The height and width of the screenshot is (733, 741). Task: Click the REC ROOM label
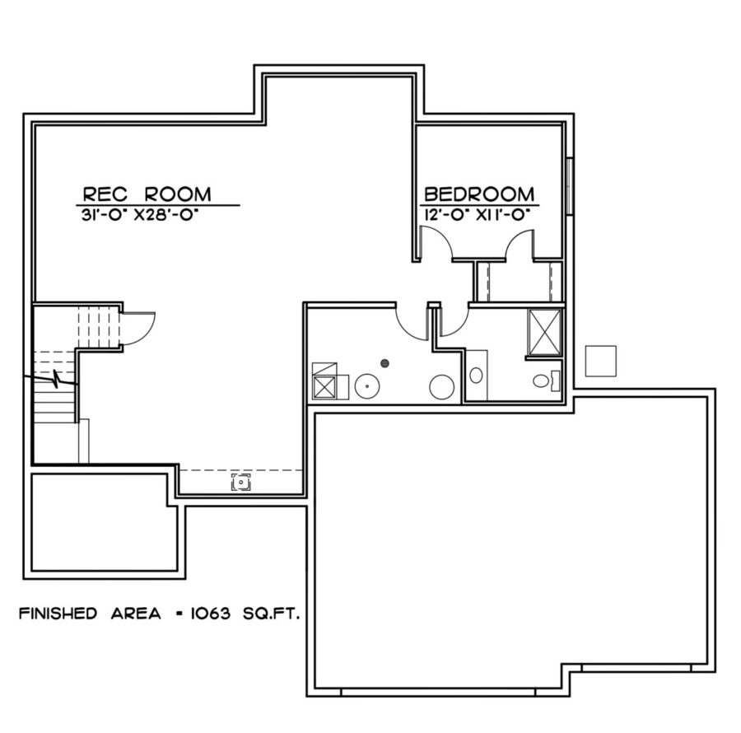146,194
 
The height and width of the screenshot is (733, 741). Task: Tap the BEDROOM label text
478,194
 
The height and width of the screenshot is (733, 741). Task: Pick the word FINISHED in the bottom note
55,614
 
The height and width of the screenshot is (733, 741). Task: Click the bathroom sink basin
476,375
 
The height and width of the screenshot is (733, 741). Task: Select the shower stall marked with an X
543,332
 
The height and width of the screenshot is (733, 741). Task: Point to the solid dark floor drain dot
384,362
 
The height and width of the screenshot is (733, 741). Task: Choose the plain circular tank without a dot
443,386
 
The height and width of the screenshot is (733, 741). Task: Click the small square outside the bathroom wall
600,359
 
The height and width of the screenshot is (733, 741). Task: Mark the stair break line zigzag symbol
55,381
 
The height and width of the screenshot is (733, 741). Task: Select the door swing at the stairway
137,328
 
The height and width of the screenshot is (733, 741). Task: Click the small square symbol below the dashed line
240,483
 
